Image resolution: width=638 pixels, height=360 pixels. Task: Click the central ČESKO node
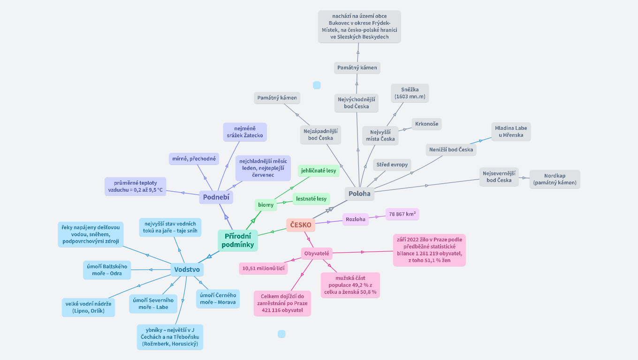[x=300, y=225]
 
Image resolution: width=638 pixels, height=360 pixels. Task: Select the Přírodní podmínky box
[x=238, y=240]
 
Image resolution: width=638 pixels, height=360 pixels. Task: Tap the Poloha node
[x=359, y=194]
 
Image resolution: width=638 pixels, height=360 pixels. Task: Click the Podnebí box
[x=216, y=197]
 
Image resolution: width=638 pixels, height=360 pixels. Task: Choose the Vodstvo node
[x=187, y=269]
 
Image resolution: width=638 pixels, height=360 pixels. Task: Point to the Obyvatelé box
[x=317, y=254]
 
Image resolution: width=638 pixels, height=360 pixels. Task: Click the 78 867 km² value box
[x=402, y=214]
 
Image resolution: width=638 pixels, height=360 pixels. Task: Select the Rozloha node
[x=355, y=219]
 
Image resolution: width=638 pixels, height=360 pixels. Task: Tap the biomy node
[x=266, y=205]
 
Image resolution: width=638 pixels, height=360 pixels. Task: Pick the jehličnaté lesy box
[x=319, y=171]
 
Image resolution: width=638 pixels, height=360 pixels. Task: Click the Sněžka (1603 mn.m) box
[x=410, y=93]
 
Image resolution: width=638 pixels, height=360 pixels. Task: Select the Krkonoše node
[x=427, y=124]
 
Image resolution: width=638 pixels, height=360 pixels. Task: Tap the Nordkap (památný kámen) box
[x=554, y=179]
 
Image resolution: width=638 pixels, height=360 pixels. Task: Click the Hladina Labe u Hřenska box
[x=511, y=132]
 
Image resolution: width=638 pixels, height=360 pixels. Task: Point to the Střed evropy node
[x=392, y=165]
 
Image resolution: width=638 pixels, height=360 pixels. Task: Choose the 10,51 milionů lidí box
[x=263, y=268]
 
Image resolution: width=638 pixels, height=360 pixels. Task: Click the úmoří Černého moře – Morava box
[x=218, y=299]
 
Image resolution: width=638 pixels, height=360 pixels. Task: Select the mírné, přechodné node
[x=194, y=159]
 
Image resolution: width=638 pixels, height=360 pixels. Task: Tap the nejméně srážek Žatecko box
[x=244, y=132]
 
